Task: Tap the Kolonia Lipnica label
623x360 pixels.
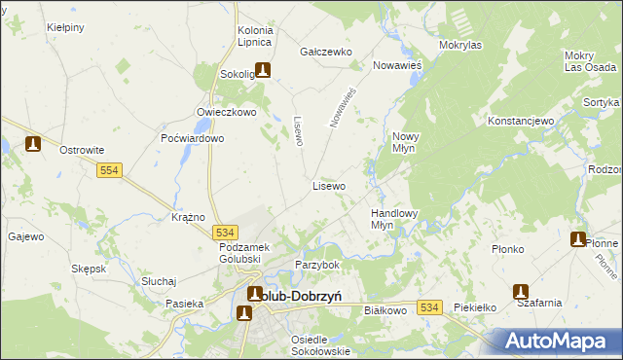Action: (x=255, y=37)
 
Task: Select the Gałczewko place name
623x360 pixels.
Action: (x=326, y=52)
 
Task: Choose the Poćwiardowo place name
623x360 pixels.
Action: (x=193, y=138)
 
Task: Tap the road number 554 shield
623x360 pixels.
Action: (x=109, y=170)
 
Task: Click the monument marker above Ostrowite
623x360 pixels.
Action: (x=33, y=144)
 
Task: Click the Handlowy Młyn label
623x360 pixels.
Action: (x=394, y=218)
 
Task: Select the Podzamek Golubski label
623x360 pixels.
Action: (x=224, y=253)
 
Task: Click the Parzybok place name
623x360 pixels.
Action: (x=317, y=265)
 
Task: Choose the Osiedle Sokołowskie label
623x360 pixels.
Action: (x=319, y=344)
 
